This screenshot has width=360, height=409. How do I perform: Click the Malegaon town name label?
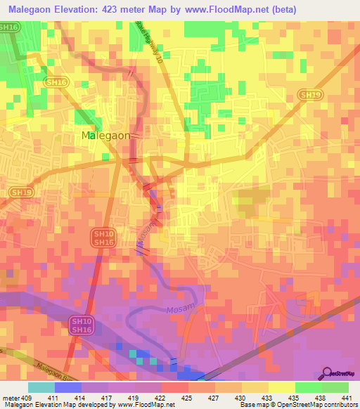pyautogui.click(x=105, y=136)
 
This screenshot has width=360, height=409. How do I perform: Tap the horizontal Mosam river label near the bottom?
pyautogui.click(x=179, y=309)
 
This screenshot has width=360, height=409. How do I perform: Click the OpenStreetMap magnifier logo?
pyautogui.click(x=328, y=372)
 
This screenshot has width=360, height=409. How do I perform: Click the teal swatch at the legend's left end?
pyautogui.click(x=41, y=387)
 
